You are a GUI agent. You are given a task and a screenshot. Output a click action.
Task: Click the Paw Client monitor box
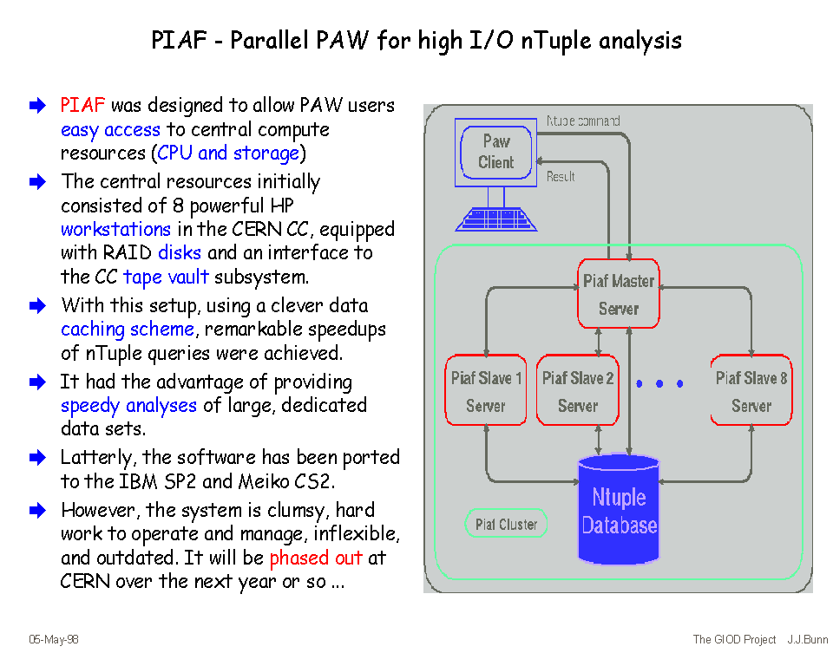click(495, 153)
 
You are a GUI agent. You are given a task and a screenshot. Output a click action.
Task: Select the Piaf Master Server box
click(619, 295)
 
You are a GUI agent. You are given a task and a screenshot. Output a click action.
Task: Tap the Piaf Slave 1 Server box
click(486, 391)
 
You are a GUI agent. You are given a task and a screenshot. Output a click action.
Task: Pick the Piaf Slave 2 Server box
click(578, 391)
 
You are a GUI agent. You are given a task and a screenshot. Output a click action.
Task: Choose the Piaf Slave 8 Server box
click(751, 391)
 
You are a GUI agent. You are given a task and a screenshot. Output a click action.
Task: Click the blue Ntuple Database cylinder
click(619, 511)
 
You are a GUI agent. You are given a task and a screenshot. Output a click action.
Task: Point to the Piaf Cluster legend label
click(506, 524)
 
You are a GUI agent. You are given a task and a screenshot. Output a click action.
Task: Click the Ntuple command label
click(583, 121)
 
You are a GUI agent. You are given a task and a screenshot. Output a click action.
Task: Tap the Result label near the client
click(561, 177)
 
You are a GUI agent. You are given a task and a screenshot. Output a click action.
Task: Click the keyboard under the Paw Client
click(496, 219)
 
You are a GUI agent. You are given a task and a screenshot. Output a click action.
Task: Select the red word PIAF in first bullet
click(82, 106)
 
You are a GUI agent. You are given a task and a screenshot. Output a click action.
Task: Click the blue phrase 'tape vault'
click(166, 277)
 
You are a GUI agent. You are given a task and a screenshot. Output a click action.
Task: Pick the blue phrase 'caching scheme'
click(128, 330)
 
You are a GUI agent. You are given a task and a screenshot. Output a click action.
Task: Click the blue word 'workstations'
click(115, 230)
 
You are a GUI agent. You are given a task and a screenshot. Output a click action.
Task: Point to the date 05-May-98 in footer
click(54, 640)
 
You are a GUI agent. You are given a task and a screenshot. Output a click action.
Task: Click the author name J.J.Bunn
click(808, 640)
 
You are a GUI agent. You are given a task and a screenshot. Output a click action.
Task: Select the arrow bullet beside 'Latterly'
click(36, 457)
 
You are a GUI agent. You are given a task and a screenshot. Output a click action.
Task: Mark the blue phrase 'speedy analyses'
click(128, 406)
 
